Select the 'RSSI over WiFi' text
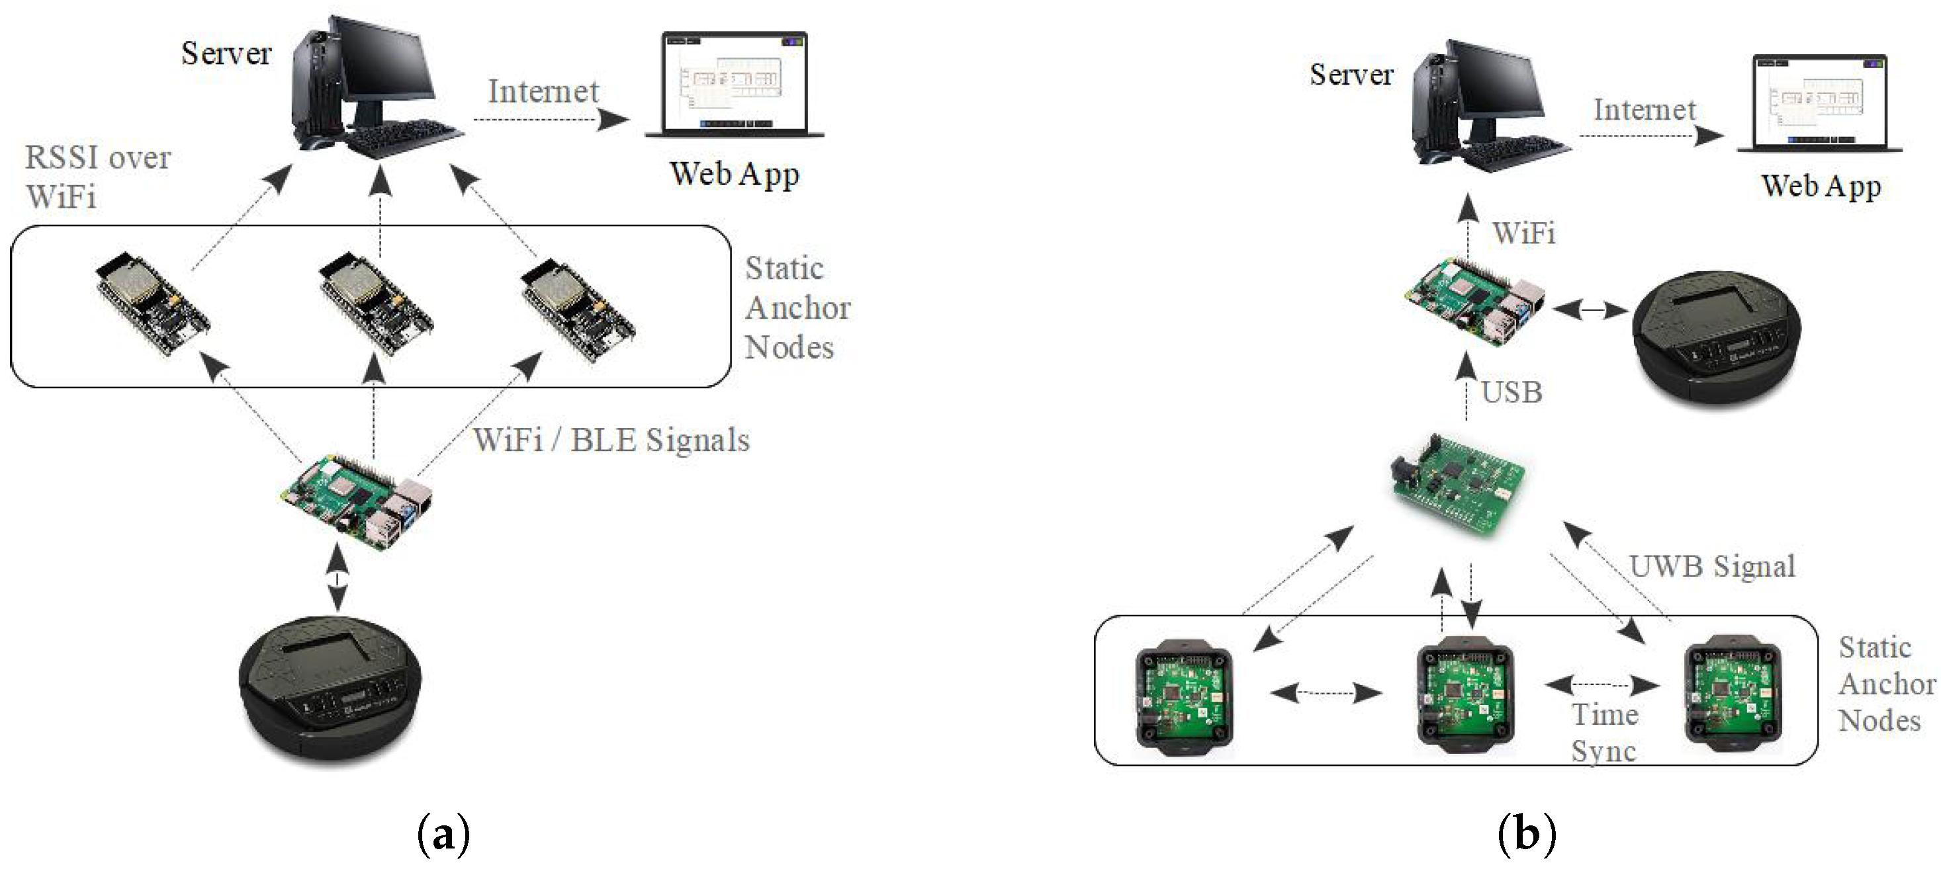coord(97,177)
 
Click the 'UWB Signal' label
coord(1712,566)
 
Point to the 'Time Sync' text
coord(1604,733)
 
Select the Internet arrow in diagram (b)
coord(1650,136)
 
